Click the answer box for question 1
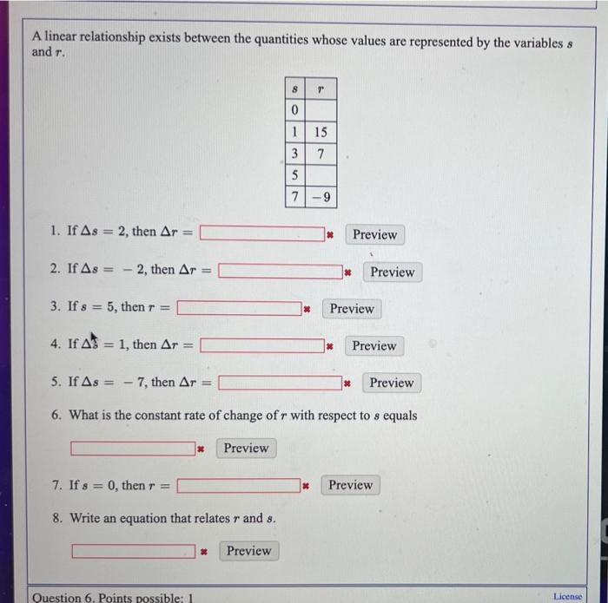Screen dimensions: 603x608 click(262, 233)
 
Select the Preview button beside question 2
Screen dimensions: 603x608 click(392, 272)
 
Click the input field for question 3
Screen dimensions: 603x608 click(240, 308)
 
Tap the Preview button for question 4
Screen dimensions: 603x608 click(374, 345)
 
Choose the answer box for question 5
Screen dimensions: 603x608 click(280, 383)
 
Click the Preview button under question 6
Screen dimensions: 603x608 click(246, 448)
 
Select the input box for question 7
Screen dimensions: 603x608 click(240, 485)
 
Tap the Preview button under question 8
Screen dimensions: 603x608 click(248, 550)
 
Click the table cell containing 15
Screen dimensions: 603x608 click(321, 133)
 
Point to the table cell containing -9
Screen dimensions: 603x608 click(321, 198)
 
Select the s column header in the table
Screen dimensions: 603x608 click(294, 88)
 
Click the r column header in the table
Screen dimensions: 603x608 click(321, 88)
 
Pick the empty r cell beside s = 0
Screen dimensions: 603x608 click(321, 111)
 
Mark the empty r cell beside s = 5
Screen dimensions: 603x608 click(321, 176)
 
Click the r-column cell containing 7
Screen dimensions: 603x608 click(321, 154)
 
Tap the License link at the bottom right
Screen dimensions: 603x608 click(568, 596)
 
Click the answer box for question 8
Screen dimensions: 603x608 click(134, 550)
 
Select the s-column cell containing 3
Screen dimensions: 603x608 click(294, 154)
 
